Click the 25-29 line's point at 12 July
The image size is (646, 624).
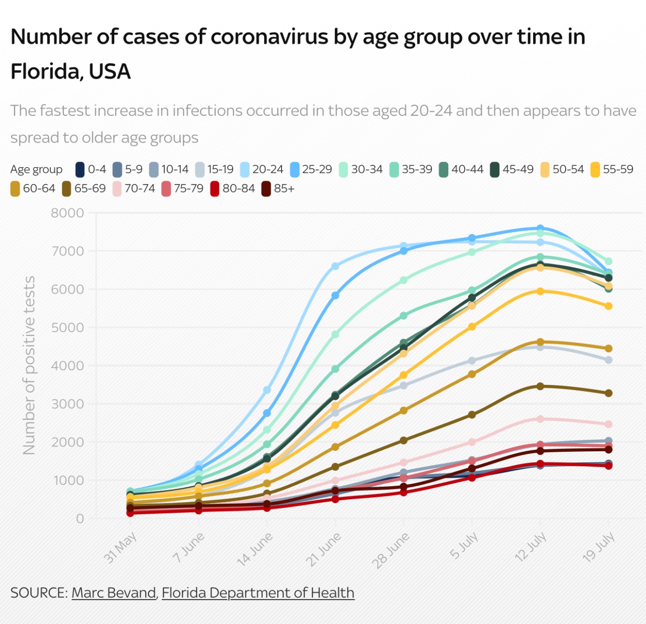tap(540, 229)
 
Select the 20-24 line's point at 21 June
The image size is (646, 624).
tap(335, 266)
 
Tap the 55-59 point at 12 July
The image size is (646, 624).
tap(540, 291)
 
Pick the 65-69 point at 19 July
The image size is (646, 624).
tap(609, 393)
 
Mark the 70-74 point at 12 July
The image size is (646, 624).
tap(540, 419)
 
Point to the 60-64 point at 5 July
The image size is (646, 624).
tap(472, 374)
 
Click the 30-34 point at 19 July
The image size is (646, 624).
tap(609, 261)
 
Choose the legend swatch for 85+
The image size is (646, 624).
tap(267, 189)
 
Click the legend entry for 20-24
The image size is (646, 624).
tap(262, 169)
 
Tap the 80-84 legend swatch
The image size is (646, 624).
tap(215, 189)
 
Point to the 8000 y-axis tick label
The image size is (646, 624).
tap(67, 213)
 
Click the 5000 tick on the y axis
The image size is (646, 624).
tap(67, 327)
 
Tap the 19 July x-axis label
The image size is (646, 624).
tap(598, 548)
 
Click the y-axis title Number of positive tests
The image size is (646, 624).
tap(29, 365)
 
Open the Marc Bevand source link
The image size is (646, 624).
tap(114, 593)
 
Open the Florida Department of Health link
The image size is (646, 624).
tap(258, 593)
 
